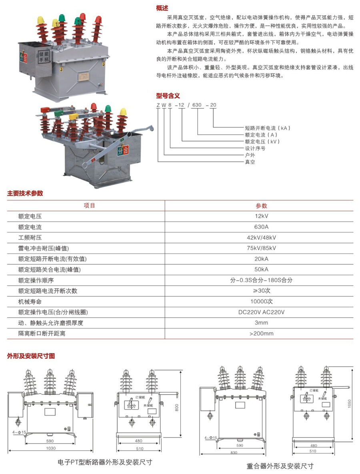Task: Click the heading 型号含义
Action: click(168, 95)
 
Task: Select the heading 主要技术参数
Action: click(25, 193)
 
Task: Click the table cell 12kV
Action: click(261, 217)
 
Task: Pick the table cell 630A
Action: click(261, 227)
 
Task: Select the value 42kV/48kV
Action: click(261, 238)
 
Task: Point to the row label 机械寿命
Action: click(30, 301)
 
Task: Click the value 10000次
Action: click(261, 301)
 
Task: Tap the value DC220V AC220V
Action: click(261, 312)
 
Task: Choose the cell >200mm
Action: click(261, 333)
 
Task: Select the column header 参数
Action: click(261, 206)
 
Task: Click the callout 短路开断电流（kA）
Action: click(267, 128)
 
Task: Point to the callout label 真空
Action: click(250, 162)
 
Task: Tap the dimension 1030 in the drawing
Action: click(50, 448)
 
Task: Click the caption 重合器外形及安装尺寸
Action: click(280, 466)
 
